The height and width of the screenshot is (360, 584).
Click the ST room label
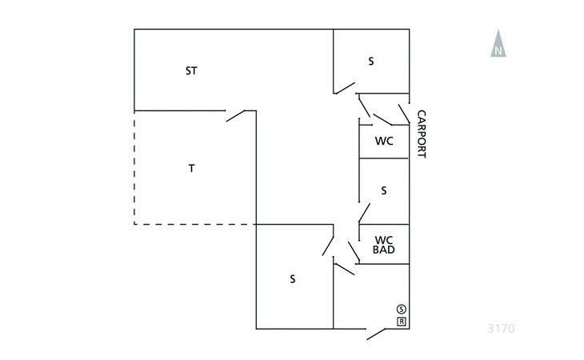(191, 70)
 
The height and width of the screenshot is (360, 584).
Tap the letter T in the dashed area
(191, 168)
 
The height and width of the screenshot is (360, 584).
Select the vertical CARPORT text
(422, 134)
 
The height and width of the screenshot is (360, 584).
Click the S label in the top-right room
(371, 61)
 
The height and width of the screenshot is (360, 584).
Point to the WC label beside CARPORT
(384, 141)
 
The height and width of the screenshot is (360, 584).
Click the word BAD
(384, 250)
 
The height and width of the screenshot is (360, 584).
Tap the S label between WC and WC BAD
(384, 190)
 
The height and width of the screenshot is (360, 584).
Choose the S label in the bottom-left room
(293, 279)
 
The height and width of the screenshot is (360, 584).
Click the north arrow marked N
(498, 44)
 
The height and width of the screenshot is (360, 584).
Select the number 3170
(501, 328)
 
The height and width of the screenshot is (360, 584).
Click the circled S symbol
(401, 309)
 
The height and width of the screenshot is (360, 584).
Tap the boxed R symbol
(401, 322)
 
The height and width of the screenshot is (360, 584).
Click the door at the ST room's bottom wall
(236, 115)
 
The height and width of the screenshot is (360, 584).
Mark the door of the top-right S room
(345, 88)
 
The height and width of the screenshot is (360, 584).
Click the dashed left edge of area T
(134, 168)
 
